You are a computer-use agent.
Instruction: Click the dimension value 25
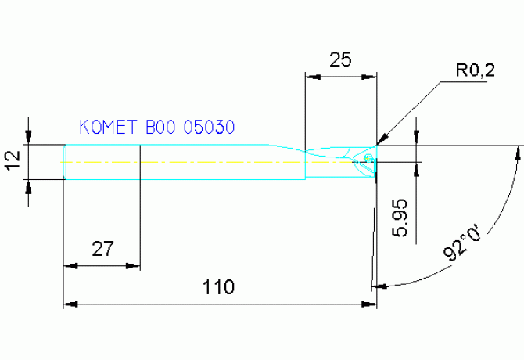340,60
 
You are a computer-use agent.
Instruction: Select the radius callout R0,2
476,71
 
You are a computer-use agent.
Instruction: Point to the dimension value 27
102,250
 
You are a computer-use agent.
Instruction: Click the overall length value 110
219,287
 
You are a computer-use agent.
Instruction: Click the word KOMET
107,127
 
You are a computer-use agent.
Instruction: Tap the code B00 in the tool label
159,127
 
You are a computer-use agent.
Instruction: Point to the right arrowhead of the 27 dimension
134,266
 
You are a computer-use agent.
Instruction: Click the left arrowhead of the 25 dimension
311,77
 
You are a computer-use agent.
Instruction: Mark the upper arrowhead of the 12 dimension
30,139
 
